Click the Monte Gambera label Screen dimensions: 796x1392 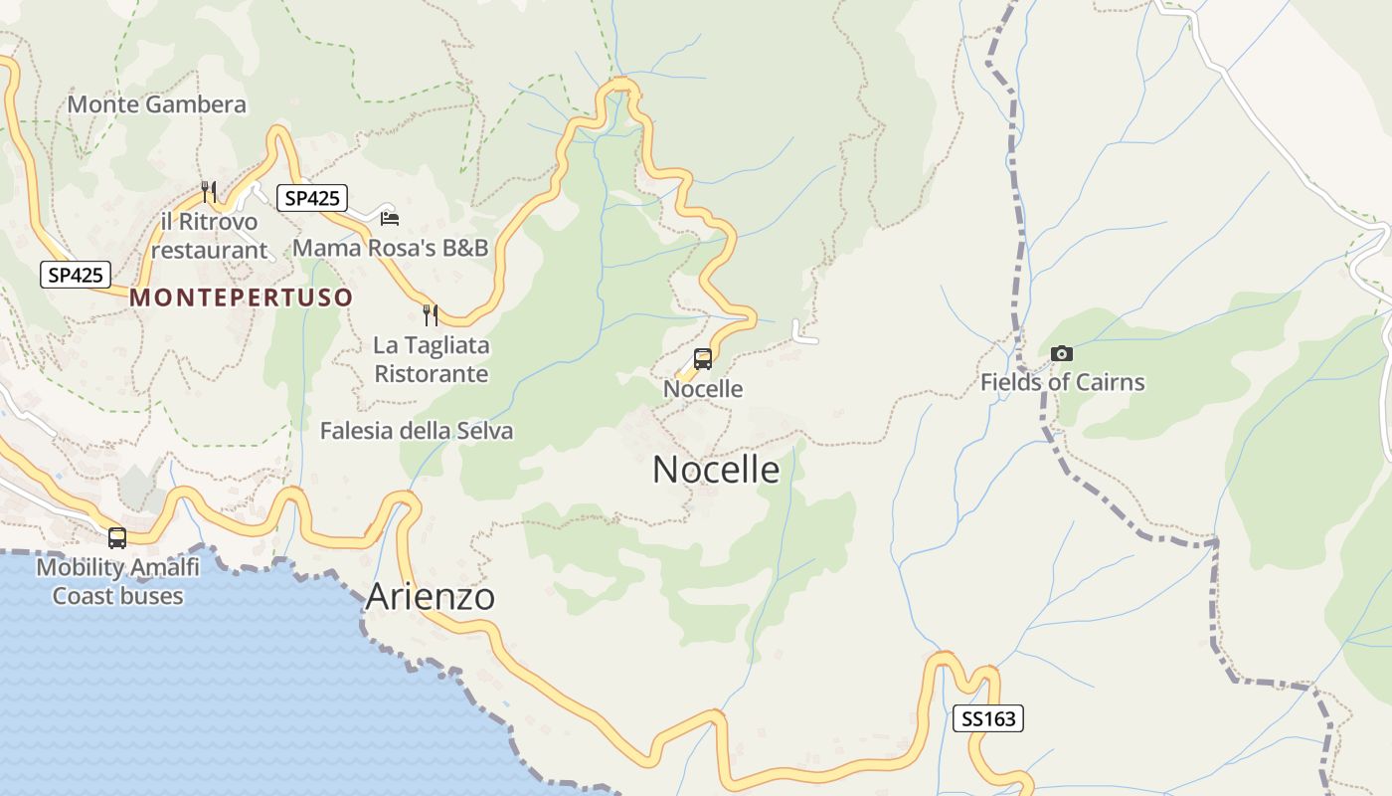157,104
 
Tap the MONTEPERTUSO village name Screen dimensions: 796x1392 242,298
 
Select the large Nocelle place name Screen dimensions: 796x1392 716,470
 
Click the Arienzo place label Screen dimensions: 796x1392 431,597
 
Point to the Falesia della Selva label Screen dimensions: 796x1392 417,431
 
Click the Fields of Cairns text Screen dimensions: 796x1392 1062,382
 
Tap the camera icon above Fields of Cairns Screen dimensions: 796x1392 1062,353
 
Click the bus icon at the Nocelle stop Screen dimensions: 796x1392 703,359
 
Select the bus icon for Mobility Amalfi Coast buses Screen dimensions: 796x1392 117,538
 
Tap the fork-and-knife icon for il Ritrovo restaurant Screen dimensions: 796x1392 209,191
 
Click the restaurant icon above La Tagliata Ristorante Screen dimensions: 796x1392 431,315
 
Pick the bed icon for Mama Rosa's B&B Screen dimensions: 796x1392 390,218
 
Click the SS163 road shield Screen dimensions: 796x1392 987,718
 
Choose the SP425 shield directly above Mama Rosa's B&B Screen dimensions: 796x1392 312,198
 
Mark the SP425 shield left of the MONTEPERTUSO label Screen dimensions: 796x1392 76,275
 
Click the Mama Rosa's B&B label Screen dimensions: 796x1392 391,248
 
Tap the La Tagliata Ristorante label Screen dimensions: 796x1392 431,360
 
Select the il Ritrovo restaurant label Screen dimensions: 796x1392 209,236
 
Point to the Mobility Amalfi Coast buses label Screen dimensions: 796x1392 117,582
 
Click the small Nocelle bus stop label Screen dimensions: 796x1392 703,389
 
